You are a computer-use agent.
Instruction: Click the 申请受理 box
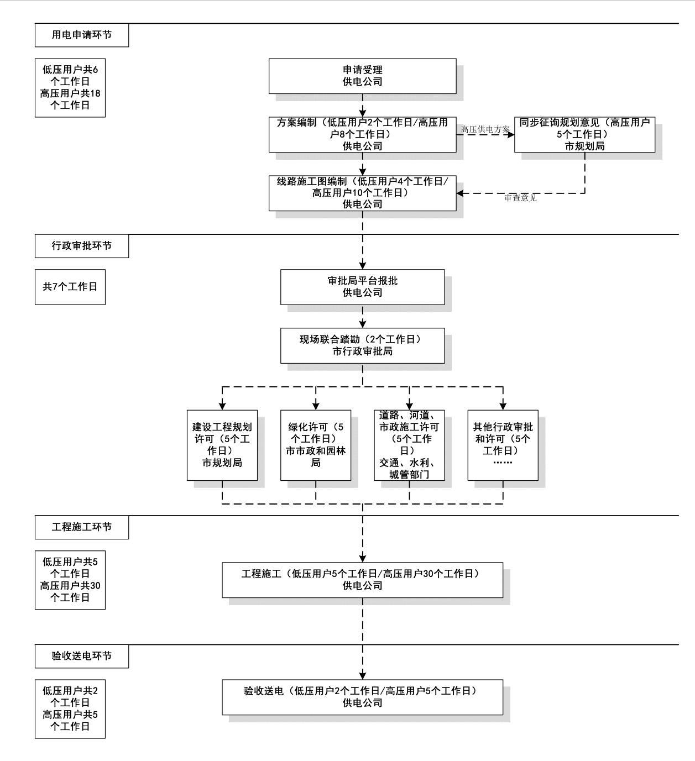click(x=362, y=76)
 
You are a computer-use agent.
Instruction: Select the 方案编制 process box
click(x=362, y=134)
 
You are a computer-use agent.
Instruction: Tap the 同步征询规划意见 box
click(x=584, y=134)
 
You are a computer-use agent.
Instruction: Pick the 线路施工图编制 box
click(x=362, y=193)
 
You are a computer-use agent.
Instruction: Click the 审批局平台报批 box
click(x=362, y=287)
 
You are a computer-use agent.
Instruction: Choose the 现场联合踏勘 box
click(x=362, y=345)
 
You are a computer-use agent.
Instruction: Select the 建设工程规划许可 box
click(x=222, y=445)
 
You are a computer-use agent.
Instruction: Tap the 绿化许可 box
click(x=315, y=445)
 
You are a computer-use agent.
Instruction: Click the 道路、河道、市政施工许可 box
click(x=409, y=445)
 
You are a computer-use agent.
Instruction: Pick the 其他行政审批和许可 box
click(x=503, y=445)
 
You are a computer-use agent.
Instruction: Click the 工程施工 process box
click(x=362, y=580)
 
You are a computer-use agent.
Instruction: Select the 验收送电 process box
click(x=362, y=697)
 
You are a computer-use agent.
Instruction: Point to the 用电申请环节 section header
click(x=82, y=35)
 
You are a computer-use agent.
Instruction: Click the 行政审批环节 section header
click(x=82, y=246)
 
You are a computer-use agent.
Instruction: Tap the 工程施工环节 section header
click(x=82, y=527)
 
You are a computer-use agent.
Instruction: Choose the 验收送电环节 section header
click(x=82, y=656)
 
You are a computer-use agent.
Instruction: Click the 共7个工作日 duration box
click(x=70, y=287)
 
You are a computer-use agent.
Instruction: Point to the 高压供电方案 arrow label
click(x=485, y=129)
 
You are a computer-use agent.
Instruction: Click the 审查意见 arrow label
click(x=520, y=198)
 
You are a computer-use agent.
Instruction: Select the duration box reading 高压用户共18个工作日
click(x=70, y=88)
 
